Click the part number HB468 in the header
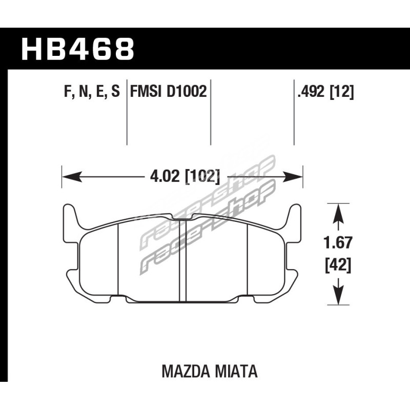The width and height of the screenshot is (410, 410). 78,49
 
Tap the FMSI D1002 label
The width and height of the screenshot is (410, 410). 169,92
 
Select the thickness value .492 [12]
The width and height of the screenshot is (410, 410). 325,92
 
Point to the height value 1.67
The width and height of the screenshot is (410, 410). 338,242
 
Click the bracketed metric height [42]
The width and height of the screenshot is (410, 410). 338,265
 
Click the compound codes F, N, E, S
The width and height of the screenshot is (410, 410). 92,92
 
